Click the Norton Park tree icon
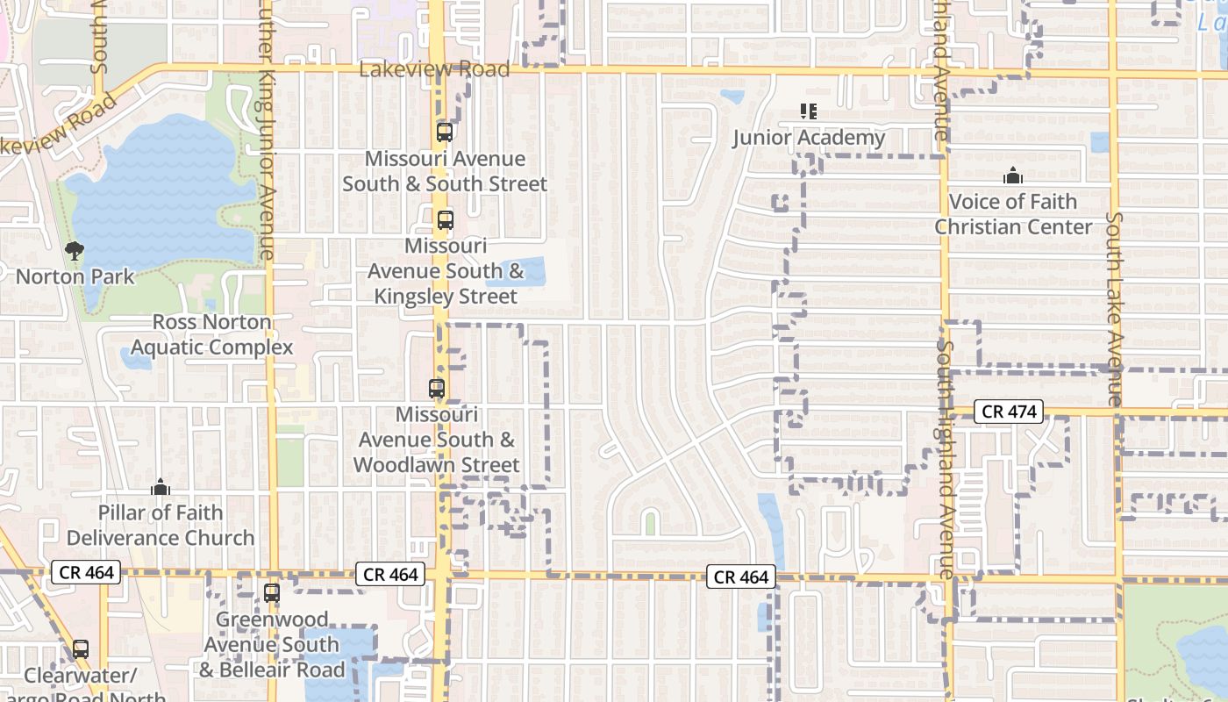pos(75,251)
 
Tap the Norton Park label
pos(75,276)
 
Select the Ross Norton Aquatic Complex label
pos(212,334)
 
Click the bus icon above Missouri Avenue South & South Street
pos(445,133)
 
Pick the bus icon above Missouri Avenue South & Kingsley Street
pos(446,220)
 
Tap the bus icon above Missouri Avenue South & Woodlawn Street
pos(436,388)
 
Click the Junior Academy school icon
pos(809,111)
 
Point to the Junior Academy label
pos(809,138)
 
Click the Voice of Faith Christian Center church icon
pos(1013,175)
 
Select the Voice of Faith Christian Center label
pos(1013,214)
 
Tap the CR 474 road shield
pos(1009,412)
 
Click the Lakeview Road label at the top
pos(434,69)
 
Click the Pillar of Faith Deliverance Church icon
pos(161,486)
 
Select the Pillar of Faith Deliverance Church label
pos(161,525)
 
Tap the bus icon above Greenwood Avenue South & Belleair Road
pos(272,593)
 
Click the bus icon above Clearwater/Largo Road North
pos(81,649)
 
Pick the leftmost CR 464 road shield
pos(86,573)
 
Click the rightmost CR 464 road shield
pos(741,577)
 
